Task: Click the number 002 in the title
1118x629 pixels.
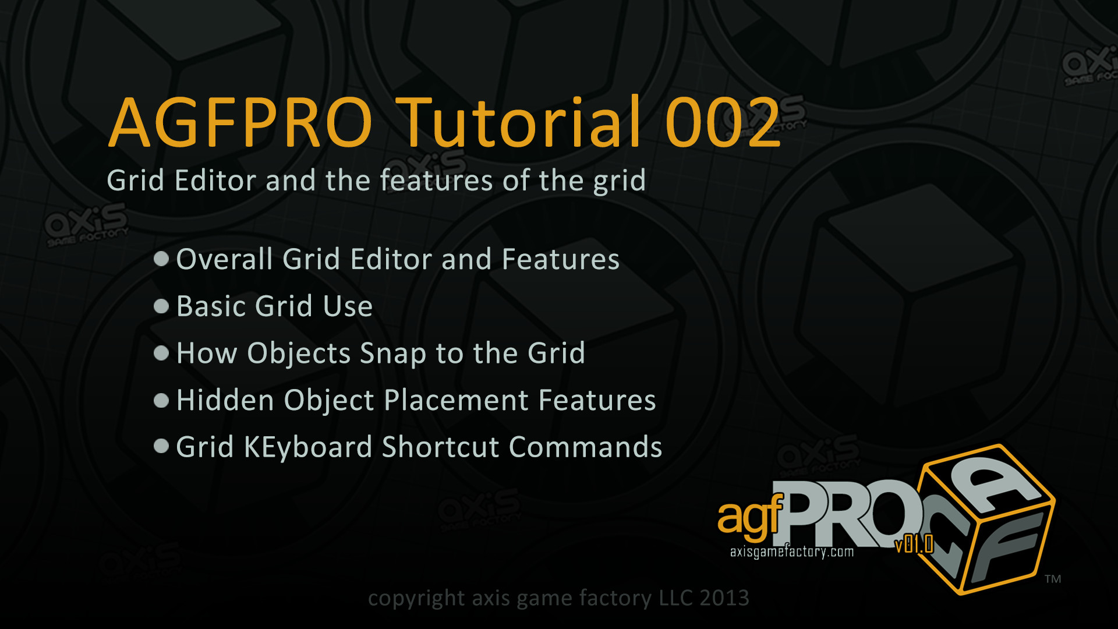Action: point(723,122)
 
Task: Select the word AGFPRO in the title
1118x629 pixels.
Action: point(240,122)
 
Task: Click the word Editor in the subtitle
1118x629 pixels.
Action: point(215,180)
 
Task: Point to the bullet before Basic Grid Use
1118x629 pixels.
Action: point(161,306)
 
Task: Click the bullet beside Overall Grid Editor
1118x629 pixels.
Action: point(161,259)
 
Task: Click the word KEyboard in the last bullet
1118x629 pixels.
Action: point(308,448)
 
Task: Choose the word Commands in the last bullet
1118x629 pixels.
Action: point(586,447)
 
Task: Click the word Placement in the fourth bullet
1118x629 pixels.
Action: point(457,400)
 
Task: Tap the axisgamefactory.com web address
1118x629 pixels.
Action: point(792,552)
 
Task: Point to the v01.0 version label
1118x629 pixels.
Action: point(914,545)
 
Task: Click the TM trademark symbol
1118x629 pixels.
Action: point(1053,579)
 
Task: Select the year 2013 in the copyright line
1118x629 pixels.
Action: point(724,598)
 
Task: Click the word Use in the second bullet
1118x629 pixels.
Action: point(348,306)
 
